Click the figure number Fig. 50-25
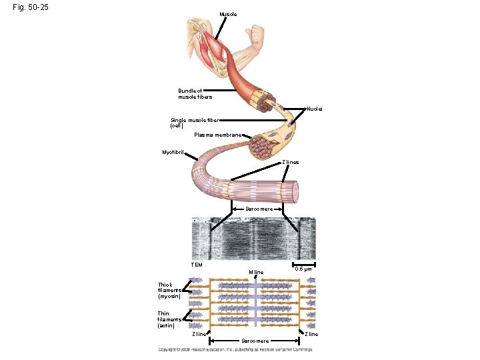[30, 8]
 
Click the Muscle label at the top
[227, 14]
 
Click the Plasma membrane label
[217, 135]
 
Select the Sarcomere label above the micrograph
[259, 209]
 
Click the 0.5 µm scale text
[303, 269]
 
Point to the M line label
[255, 272]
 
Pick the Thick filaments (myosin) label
[169, 290]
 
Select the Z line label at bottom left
[198, 334]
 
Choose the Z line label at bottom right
[311, 334]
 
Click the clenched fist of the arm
[254, 33]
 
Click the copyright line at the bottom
[235, 349]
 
